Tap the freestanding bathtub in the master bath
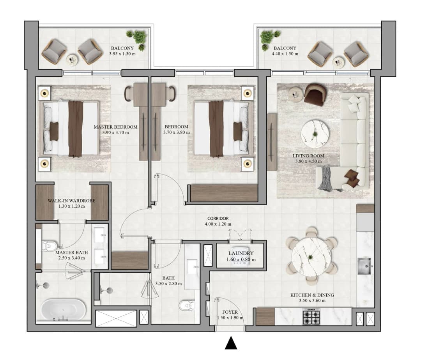pyautogui.click(x=64, y=310)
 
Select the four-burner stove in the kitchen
pyautogui.click(x=311, y=316)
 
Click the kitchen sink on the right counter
pyautogui.click(x=364, y=266)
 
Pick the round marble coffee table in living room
pyautogui.click(x=315, y=134)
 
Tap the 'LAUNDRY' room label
pyautogui.click(x=241, y=253)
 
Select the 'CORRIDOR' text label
pyautogui.click(x=218, y=219)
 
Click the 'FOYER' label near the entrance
pyautogui.click(x=230, y=312)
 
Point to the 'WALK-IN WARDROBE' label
pyautogui.click(x=71, y=201)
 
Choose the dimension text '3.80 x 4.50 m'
pyautogui.click(x=308, y=161)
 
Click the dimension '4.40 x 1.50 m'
pyautogui.click(x=285, y=54)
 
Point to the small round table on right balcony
pyautogui.click(x=339, y=63)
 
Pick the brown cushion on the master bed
pyautogui.click(x=54, y=131)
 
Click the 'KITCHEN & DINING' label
pyautogui.click(x=312, y=295)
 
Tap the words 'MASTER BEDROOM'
pyautogui.click(x=115, y=127)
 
